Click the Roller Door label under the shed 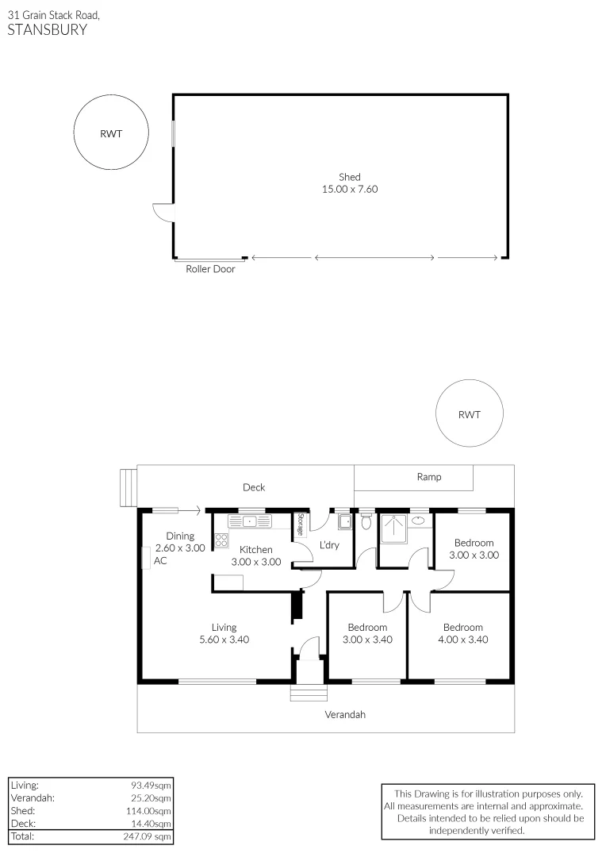[x=210, y=269]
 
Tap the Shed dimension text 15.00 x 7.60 [x=349, y=190]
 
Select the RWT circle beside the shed [x=111, y=133]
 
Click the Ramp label [x=429, y=477]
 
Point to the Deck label [x=254, y=487]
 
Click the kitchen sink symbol [x=249, y=521]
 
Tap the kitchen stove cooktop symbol [x=221, y=541]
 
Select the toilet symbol [x=366, y=522]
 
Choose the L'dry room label [x=330, y=545]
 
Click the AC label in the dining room [x=160, y=560]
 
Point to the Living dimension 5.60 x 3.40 [x=224, y=640]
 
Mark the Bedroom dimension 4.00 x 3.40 [x=462, y=640]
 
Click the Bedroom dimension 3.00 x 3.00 [x=474, y=555]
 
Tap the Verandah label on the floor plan [x=345, y=714]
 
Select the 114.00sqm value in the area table [x=151, y=811]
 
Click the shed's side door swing [x=161, y=213]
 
